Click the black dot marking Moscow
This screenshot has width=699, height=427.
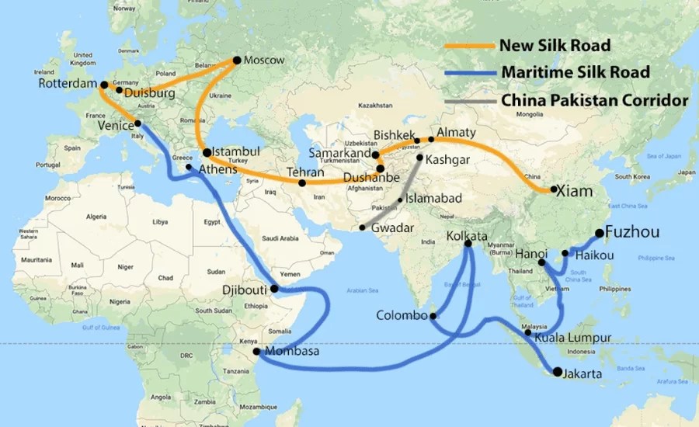(238, 60)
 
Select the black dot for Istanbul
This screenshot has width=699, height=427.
(207, 152)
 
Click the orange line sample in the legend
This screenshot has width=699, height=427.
(469, 47)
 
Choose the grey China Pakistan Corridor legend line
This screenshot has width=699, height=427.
(469, 100)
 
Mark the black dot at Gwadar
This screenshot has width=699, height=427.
(363, 228)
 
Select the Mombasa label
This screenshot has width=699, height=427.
(292, 352)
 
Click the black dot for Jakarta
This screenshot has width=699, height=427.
(558, 371)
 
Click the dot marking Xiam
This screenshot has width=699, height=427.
(553, 189)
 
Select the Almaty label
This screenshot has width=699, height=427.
(456, 133)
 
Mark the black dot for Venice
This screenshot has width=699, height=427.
(137, 123)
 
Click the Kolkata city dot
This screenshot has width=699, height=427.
(468, 244)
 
